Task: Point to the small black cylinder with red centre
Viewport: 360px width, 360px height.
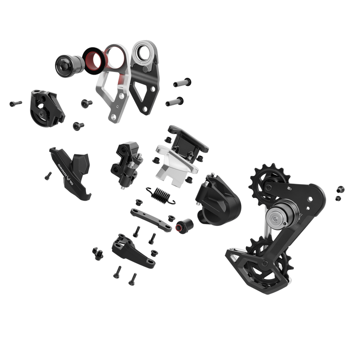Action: pyautogui.click(x=184, y=225)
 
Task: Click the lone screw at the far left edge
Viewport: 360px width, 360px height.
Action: pyautogui.click(x=15, y=103)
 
